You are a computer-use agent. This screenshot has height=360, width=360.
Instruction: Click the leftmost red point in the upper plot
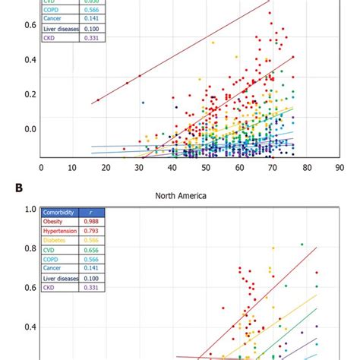tap(98, 100)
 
